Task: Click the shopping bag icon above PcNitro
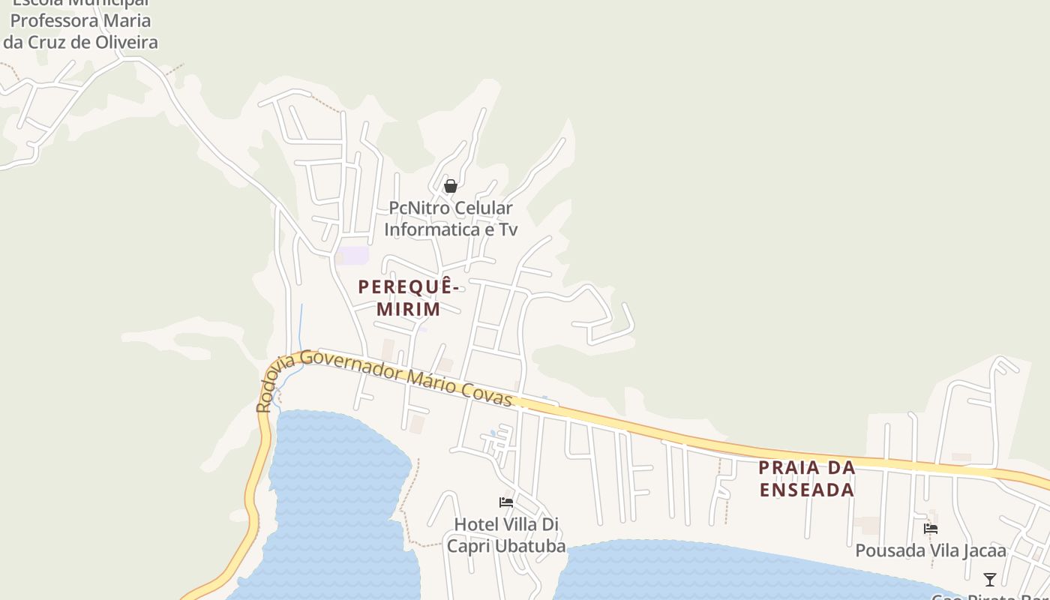pyautogui.click(x=451, y=186)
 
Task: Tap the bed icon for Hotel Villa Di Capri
pyautogui.click(x=506, y=502)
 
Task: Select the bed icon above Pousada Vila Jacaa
pyautogui.click(x=931, y=528)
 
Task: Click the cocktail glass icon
pyautogui.click(x=990, y=579)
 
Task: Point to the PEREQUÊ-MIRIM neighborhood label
pyautogui.click(x=408, y=298)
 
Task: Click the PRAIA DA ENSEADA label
pyautogui.click(x=807, y=478)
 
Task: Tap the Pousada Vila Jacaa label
pyautogui.click(x=931, y=550)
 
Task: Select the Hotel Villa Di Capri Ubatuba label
pyautogui.click(x=506, y=535)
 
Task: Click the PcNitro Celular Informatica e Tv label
pyautogui.click(x=451, y=218)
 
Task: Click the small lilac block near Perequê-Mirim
pyautogui.click(x=352, y=256)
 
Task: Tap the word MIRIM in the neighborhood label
pyautogui.click(x=408, y=309)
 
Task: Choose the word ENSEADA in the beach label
pyautogui.click(x=807, y=490)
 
